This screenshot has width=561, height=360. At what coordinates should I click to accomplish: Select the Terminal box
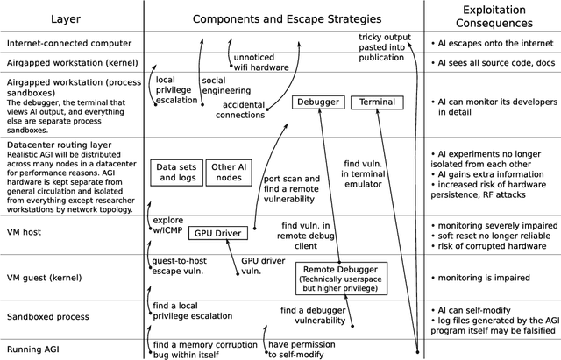374,102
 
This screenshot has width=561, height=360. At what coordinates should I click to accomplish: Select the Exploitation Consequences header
492,18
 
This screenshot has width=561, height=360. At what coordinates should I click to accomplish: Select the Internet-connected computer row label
68,42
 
